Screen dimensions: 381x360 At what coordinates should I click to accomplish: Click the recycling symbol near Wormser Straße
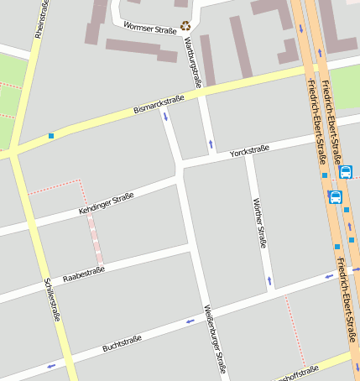(185, 26)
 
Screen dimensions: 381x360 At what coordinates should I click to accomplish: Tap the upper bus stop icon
(346, 172)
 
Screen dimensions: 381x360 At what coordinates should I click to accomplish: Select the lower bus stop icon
(336, 198)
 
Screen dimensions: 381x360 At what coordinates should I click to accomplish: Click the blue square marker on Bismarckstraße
(51, 136)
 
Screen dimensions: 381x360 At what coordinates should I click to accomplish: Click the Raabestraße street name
(84, 271)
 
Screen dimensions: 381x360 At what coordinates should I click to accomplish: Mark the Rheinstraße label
(39, 18)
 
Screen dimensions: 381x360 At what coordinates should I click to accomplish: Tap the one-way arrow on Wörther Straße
(269, 279)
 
